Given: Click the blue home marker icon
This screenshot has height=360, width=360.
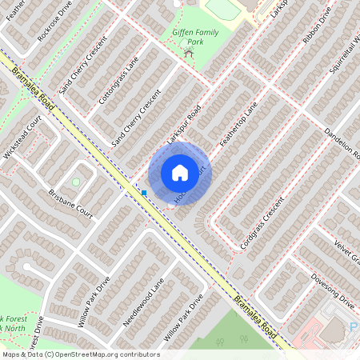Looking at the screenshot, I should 179,173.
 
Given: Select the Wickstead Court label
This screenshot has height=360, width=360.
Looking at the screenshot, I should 22,139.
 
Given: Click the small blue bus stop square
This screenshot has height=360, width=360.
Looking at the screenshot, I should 144,192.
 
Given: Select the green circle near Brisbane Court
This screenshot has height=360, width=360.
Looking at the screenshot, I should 76,182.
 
